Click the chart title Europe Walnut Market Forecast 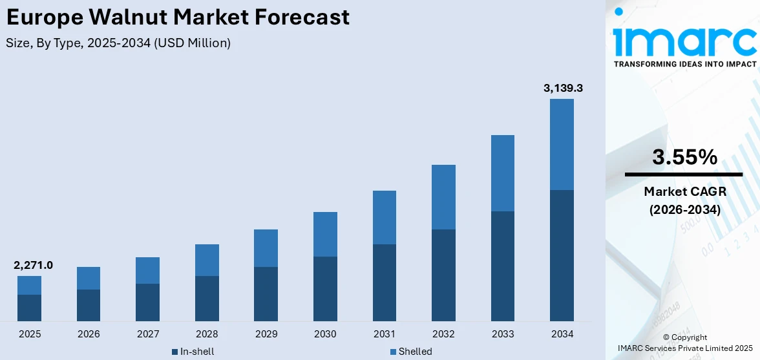pyautogui.click(x=178, y=17)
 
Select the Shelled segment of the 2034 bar pyautogui.click(x=562, y=144)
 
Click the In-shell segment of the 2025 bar pyautogui.click(x=29, y=308)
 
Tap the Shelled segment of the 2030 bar pyautogui.click(x=325, y=234)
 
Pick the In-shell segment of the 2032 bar pyautogui.click(x=443, y=275)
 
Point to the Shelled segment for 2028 pyautogui.click(x=207, y=260)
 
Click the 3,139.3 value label pyautogui.click(x=563, y=88)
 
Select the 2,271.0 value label pyautogui.click(x=33, y=265)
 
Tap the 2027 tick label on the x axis pyautogui.click(x=147, y=334)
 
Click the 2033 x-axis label pyautogui.click(x=503, y=334)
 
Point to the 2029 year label pyautogui.click(x=266, y=334)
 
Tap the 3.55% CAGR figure pyautogui.click(x=684, y=157)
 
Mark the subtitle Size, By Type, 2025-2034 pyautogui.click(x=118, y=43)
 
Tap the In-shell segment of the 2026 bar pyautogui.click(x=89, y=305)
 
